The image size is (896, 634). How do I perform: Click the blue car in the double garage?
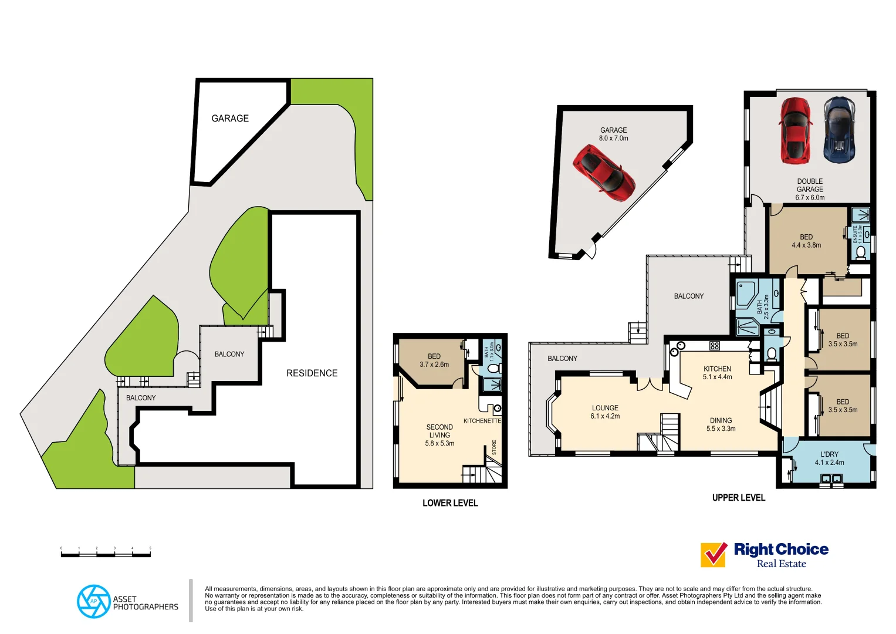(839, 130)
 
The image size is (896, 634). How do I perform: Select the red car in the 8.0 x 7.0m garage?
(604, 173)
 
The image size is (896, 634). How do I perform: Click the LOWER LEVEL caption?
(450, 503)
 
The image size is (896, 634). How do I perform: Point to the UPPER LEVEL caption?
(738, 498)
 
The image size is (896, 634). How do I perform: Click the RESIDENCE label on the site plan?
(312, 373)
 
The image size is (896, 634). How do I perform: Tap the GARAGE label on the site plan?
(230, 119)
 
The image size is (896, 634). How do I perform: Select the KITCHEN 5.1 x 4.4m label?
(717, 373)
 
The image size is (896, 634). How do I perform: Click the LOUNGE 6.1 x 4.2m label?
(605, 412)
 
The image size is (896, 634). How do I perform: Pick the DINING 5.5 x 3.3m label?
(721, 424)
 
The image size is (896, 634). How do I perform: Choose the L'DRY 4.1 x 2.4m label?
(829, 458)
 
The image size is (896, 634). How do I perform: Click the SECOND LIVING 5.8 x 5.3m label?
(439, 435)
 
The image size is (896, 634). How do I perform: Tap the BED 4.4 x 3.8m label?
(806, 241)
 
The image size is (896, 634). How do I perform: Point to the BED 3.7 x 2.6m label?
(434, 360)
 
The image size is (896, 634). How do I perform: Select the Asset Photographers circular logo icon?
(93, 601)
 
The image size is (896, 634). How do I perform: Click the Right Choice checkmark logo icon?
(714, 555)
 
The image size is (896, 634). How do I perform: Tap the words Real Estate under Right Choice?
(781, 564)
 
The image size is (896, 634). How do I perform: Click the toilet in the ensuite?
(860, 252)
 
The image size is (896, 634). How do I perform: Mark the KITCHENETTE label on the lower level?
(482, 421)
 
